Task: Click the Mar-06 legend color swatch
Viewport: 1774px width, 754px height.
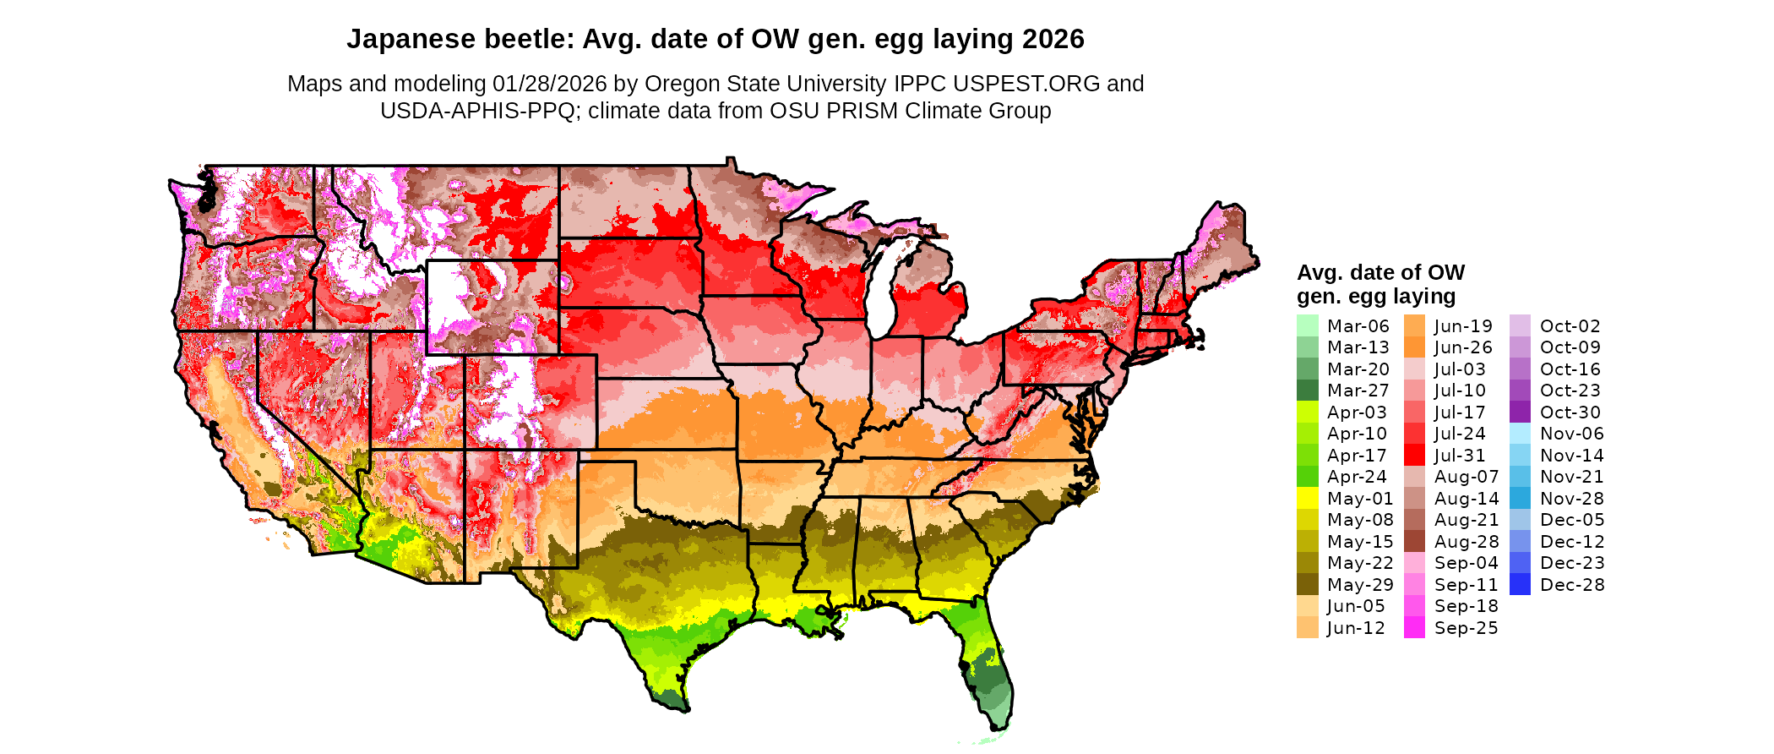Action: pyautogui.click(x=1307, y=325)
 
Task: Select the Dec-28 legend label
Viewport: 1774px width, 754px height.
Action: pyautogui.click(x=1572, y=585)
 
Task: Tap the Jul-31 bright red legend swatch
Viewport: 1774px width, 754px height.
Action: pyautogui.click(x=1414, y=455)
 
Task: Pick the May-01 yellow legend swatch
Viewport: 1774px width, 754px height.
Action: pyautogui.click(x=1307, y=499)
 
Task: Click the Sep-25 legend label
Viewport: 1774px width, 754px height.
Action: pyautogui.click(x=1466, y=628)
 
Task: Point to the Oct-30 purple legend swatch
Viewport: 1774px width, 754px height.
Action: pyautogui.click(x=1520, y=412)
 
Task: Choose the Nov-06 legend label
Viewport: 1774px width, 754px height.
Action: pyautogui.click(x=1571, y=434)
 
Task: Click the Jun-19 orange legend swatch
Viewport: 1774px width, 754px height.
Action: pyautogui.click(x=1414, y=325)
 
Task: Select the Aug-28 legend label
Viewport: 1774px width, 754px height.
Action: pyautogui.click(x=1466, y=542)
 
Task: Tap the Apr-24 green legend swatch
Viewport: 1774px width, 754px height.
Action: pyautogui.click(x=1307, y=477)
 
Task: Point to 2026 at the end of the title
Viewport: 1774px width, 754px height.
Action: pyautogui.click(x=1053, y=39)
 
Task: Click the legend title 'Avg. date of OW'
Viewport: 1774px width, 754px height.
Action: pyautogui.click(x=1380, y=272)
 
